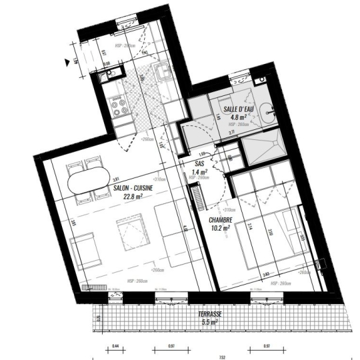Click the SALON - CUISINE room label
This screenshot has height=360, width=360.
[x=133, y=189]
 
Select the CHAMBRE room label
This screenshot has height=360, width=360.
[x=220, y=220]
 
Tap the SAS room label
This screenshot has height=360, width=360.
[x=199, y=163]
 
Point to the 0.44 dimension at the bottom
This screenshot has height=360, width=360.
[x=115, y=346]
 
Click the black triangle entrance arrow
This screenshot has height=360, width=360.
[x=67, y=63]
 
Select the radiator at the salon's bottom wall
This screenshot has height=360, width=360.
[x=94, y=288]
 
